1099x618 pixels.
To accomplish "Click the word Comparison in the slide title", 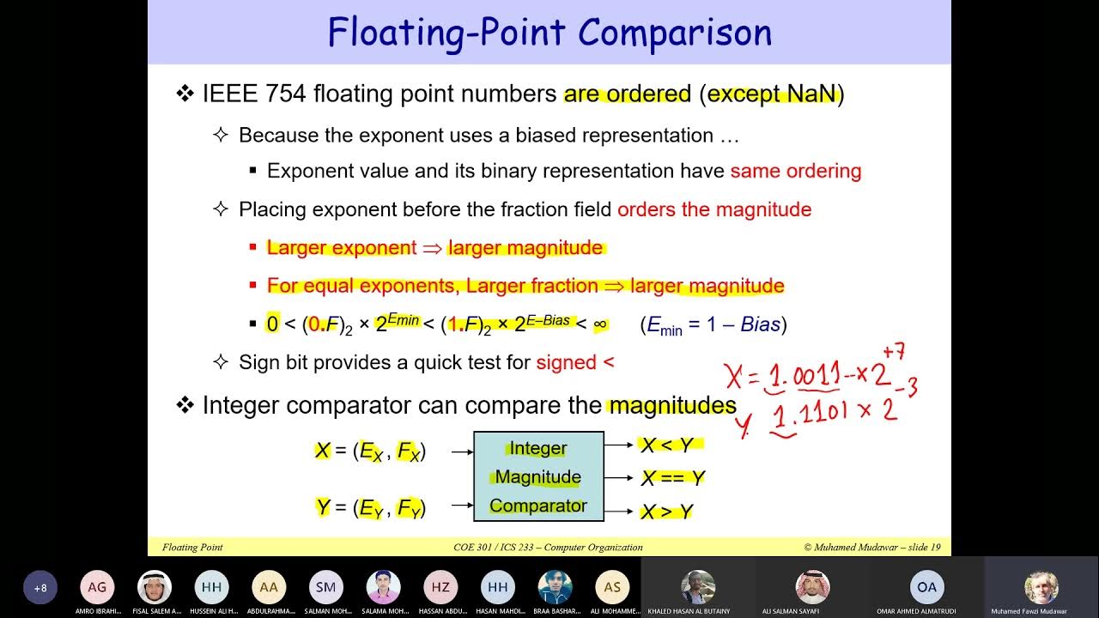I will pyautogui.click(x=675, y=33).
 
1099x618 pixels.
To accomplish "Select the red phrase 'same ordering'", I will pyautogui.click(x=795, y=171).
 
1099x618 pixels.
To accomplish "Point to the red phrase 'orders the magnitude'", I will pyautogui.click(x=713, y=209).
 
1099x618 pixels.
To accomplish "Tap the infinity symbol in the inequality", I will pyautogui.click(x=600, y=324).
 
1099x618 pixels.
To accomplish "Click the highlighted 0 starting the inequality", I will pyautogui.click(x=272, y=324).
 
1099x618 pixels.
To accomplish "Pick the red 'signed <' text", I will pyautogui.click(x=575, y=362).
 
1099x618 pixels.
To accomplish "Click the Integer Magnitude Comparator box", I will pyautogui.click(x=538, y=476).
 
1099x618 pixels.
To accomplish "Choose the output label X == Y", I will pyautogui.click(x=673, y=478).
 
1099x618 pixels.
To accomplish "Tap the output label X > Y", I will pyautogui.click(x=667, y=512).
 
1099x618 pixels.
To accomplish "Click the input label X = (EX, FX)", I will pyautogui.click(x=370, y=451).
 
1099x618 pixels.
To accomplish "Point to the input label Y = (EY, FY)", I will pyautogui.click(x=370, y=508).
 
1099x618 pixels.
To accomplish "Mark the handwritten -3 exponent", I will pyautogui.click(x=910, y=388).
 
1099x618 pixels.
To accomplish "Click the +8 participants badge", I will pyautogui.click(x=40, y=588).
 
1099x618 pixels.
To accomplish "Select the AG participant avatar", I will pyautogui.click(x=97, y=587).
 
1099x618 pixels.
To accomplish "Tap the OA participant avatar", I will pyautogui.click(x=926, y=587).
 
